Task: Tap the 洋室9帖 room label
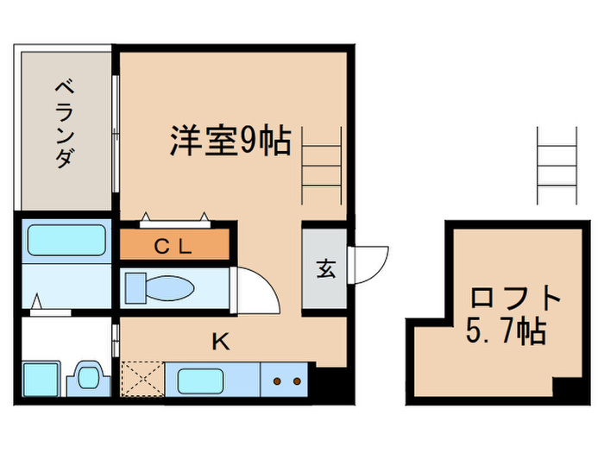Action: (230, 141)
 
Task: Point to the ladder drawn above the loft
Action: (556, 165)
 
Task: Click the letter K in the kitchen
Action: (222, 342)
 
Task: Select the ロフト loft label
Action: (515, 299)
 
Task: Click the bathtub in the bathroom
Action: (66, 240)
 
